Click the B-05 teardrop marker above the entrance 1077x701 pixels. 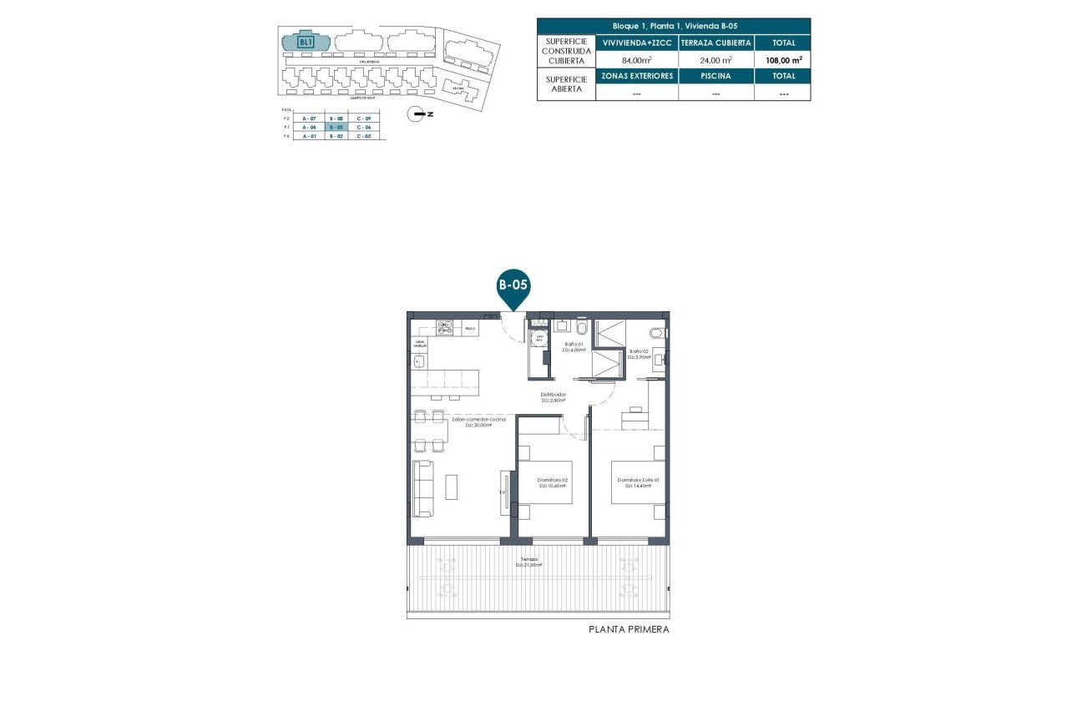click(x=513, y=285)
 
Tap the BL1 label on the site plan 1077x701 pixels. click(x=306, y=41)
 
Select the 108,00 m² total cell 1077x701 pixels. click(x=783, y=60)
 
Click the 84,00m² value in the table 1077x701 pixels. click(x=636, y=60)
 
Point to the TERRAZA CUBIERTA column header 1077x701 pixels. click(x=715, y=43)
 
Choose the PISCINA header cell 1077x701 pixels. click(x=715, y=76)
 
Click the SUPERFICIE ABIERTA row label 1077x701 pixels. click(x=566, y=84)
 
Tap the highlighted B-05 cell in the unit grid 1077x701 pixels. click(x=336, y=127)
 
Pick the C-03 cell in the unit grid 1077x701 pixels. click(x=364, y=135)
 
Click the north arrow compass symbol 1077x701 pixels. click(x=416, y=115)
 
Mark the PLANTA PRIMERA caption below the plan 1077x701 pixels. click(x=629, y=630)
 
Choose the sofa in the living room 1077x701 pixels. click(x=422, y=488)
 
